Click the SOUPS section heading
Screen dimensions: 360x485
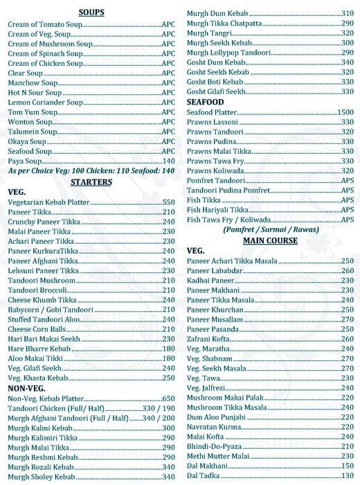click(92, 12)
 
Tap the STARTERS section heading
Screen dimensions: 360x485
click(91, 182)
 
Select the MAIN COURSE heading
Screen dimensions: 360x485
click(270, 240)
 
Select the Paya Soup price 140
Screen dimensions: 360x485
click(168, 160)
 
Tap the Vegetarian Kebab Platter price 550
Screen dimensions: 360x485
click(168, 202)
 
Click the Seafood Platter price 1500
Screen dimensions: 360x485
click(345, 112)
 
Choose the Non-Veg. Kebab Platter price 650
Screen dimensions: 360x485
click(168, 399)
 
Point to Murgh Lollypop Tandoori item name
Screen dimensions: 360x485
click(225, 53)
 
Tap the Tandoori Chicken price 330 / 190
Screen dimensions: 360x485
click(158, 409)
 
